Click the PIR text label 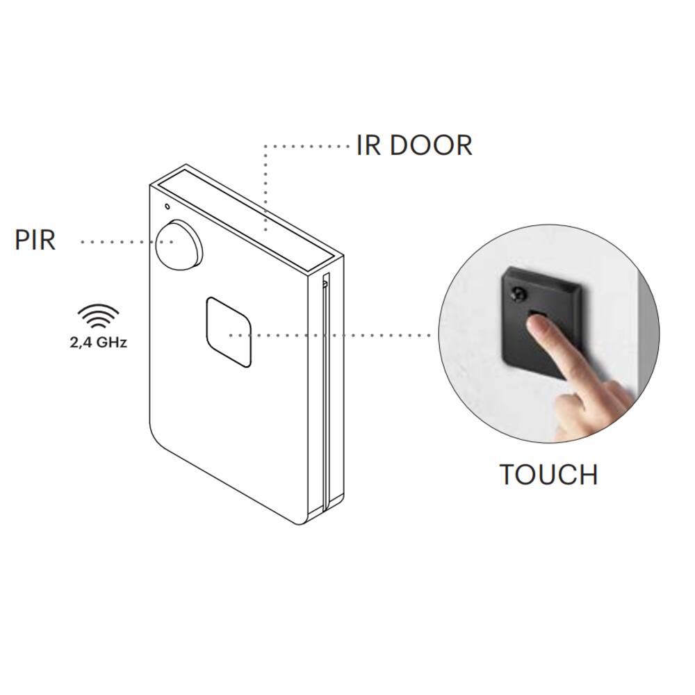click(35, 240)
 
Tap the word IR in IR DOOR click(368, 146)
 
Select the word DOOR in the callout click(431, 146)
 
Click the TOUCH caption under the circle click(548, 475)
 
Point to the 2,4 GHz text click(99, 342)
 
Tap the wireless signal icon click(97, 318)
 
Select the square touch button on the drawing click(228, 332)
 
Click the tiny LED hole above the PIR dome click(167, 206)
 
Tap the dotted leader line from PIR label click(118, 242)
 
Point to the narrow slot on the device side click(325, 389)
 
